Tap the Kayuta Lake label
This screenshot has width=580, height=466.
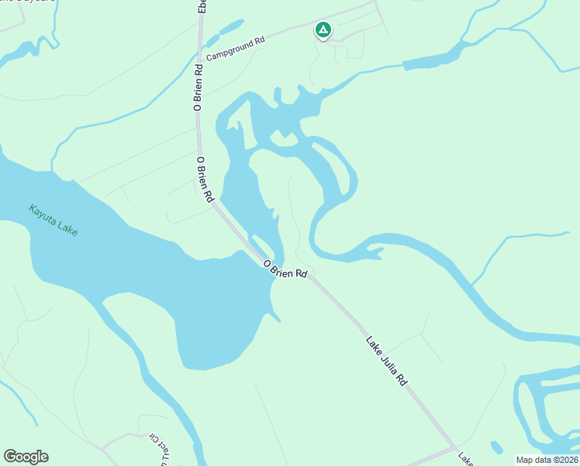[x=54, y=221]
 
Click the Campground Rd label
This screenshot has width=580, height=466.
[x=235, y=47]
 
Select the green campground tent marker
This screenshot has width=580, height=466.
[x=323, y=30]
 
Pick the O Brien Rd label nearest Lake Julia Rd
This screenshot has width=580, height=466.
[x=285, y=270]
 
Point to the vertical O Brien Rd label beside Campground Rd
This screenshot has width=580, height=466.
[x=199, y=88]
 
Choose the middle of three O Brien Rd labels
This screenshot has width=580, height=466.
[x=205, y=179]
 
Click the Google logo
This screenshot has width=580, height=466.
[x=26, y=456]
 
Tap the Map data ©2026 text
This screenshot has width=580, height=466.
[x=547, y=460]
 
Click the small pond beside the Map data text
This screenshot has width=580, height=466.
[x=496, y=447]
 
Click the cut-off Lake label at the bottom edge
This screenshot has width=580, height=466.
[x=464, y=460]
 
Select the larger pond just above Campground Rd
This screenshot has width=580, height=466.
[x=231, y=29]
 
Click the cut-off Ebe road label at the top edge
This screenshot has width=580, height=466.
[x=202, y=5]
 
